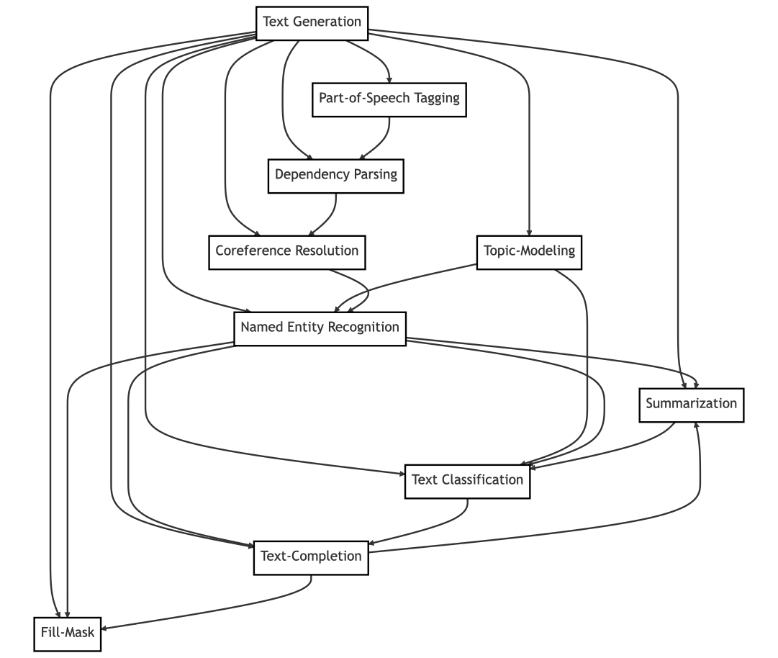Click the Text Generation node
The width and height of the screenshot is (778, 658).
(312, 22)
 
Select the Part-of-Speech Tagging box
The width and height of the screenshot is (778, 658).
(389, 99)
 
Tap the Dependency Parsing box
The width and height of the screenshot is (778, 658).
(335, 175)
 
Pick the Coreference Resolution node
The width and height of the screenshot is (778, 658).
(286, 251)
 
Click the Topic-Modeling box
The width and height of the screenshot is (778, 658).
(529, 251)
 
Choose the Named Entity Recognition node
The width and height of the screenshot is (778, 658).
(320, 328)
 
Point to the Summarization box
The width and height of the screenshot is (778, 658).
(691, 404)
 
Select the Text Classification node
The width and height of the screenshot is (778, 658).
(467, 480)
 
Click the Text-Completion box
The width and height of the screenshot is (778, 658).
(311, 556)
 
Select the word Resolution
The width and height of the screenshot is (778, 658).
(327, 251)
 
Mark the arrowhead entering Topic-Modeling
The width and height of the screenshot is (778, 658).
(529, 232)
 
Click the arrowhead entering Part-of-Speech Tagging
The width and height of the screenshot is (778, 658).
(389, 79)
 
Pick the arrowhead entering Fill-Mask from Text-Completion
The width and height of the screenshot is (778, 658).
(105, 628)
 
